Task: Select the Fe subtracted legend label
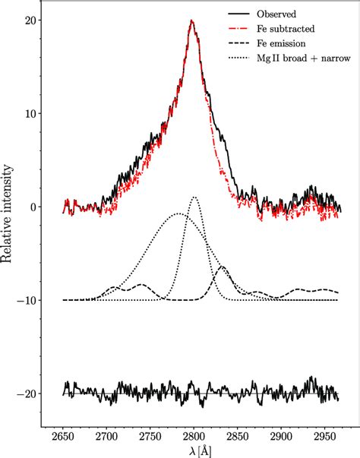(285, 28)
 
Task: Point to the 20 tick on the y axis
(30, 21)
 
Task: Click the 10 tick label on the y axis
(30, 114)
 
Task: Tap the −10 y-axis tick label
(27, 301)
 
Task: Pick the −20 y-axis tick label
(27, 394)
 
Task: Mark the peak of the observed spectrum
(192, 21)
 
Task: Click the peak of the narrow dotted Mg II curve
(194, 197)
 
